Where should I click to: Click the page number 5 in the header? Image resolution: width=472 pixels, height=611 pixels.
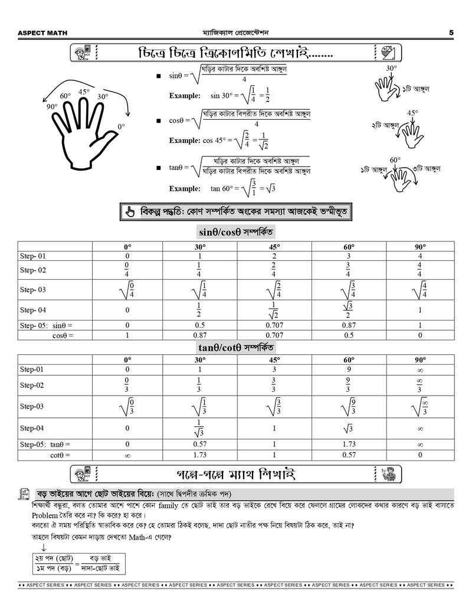(451, 32)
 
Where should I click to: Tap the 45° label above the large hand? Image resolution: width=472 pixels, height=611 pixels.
(84, 92)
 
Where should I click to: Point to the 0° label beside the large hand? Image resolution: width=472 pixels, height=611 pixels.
(121, 126)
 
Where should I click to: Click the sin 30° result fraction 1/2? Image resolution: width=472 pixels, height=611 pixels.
(267, 95)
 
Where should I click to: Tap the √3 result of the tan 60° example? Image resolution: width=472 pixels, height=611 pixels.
(271, 189)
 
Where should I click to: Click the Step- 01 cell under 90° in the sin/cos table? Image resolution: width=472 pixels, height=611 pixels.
(419, 256)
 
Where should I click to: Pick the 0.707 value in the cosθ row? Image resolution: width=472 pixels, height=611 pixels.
(274, 335)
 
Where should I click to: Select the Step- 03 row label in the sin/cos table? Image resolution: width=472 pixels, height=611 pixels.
(32, 290)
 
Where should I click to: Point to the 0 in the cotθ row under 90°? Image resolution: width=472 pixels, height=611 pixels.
(419, 455)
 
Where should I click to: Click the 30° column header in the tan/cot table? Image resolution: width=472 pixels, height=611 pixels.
(200, 360)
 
